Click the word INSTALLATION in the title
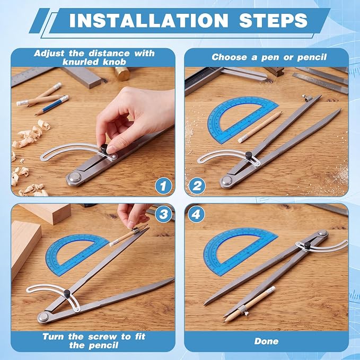click(x=148, y=21)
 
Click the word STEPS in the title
click(x=273, y=21)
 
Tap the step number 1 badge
click(x=163, y=186)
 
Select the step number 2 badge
click(x=197, y=186)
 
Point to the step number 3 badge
click(x=163, y=214)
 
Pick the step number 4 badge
click(x=196, y=214)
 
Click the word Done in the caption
click(x=266, y=341)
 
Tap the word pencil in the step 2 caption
click(x=312, y=57)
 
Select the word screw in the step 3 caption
click(x=102, y=337)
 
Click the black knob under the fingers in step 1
click(x=104, y=147)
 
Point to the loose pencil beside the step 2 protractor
click(x=260, y=127)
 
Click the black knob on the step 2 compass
click(x=249, y=155)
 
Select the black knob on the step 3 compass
click(x=67, y=293)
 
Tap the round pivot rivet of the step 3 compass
click(x=43, y=317)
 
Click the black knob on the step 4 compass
click(x=307, y=245)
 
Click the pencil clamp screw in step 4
click(x=247, y=313)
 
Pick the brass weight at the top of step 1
click(x=122, y=74)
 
